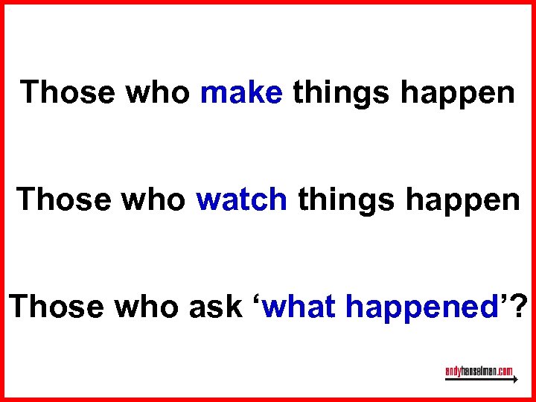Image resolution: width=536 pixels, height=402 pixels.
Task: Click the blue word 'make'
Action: click(241, 93)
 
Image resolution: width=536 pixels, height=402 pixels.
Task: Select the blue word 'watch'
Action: click(242, 200)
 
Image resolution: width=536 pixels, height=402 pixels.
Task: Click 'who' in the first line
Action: click(153, 93)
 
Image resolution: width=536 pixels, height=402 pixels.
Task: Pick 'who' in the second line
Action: click(150, 200)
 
